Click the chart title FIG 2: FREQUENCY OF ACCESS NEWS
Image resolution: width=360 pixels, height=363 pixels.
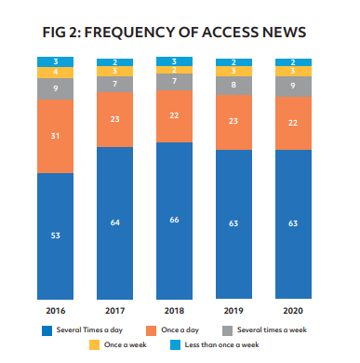coord(175,32)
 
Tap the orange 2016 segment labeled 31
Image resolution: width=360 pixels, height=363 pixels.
coord(55,136)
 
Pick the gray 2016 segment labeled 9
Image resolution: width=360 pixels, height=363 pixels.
coord(55,88)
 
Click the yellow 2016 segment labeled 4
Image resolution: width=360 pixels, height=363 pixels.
coord(55,72)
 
